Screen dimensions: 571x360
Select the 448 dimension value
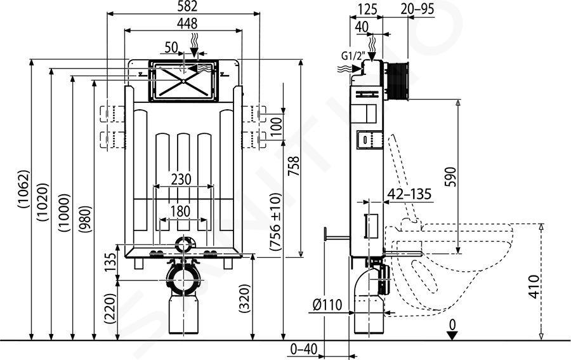click(187, 23)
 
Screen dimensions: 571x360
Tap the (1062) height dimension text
click(23, 189)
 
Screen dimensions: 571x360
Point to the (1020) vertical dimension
click(43, 203)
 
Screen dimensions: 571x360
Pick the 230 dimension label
click(181, 179)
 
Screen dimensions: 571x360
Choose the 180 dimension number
click(181, 211)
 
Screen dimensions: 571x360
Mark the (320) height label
click(245, 299)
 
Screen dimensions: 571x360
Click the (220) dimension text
click(110, 309)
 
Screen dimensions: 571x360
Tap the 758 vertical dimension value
click(294, 166)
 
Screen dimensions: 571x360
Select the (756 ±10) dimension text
click(276, 222)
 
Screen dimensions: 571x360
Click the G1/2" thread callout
click(353, 55)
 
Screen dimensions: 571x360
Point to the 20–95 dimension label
click(417, 9)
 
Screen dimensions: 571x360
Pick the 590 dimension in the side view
click(450, 177)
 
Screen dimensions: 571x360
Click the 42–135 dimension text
click(409, 194)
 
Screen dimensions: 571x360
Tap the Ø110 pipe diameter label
click(327, 304)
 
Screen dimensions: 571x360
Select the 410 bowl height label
click(534, 287)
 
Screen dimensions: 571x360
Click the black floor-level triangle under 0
click(452, 336)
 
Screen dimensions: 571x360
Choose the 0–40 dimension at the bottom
click(304, 349)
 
